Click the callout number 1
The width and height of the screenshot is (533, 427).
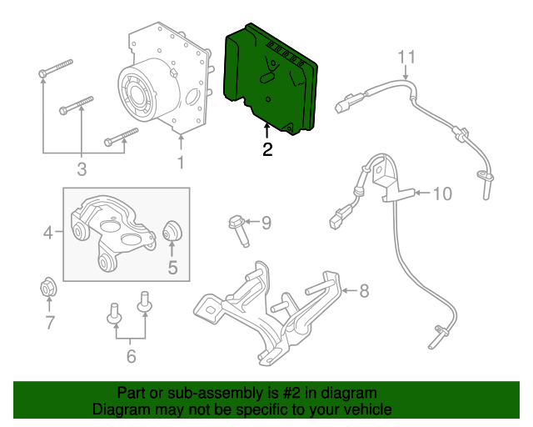181,162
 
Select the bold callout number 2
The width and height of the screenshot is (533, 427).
266,150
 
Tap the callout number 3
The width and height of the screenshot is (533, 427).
82,171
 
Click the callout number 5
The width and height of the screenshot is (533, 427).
173,268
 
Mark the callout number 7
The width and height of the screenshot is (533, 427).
49,322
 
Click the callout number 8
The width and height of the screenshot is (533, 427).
363,291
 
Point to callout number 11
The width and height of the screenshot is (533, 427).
406,57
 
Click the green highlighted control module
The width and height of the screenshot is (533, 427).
271,79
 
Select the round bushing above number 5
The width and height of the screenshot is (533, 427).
173,230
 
